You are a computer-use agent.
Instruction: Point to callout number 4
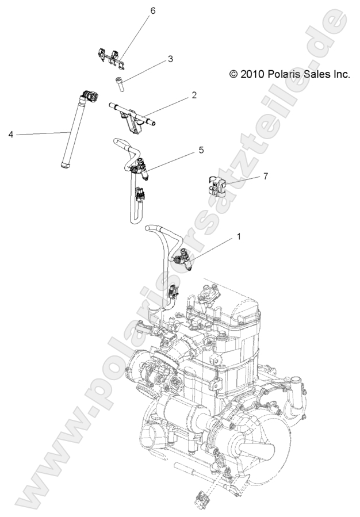pyautogui.click(x=10, y=135)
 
